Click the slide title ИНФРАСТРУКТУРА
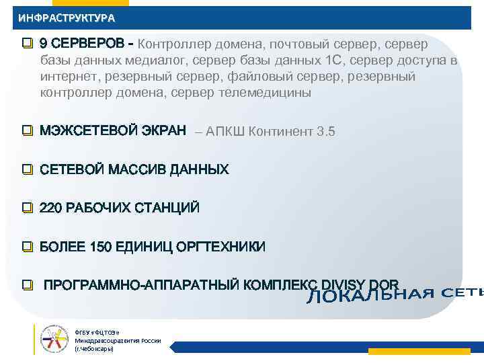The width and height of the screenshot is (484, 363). coord(67,18)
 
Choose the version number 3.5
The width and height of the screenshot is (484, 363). coord(325,131)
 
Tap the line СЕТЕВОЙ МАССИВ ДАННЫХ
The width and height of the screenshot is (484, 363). coord(134,169)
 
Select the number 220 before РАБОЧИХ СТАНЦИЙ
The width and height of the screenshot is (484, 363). coord(50,208)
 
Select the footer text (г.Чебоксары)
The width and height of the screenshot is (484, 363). coord(94,349)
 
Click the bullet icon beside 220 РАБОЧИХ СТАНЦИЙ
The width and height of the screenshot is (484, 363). coord(27,208)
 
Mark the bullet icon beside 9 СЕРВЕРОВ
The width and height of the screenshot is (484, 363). coord(27,44)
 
